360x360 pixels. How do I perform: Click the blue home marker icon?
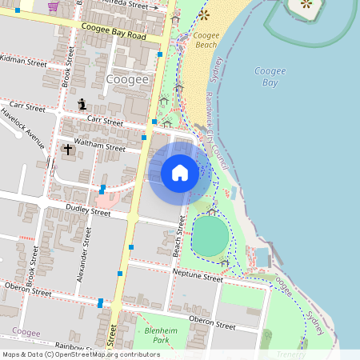coord(180,173)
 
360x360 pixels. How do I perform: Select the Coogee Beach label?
coord(206,41)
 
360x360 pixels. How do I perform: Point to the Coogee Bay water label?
coord(270,77)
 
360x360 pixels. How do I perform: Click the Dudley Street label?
coord(87,212)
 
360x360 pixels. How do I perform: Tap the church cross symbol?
coord(68,149)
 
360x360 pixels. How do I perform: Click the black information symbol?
coord(82,103)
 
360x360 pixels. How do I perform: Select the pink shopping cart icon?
coord(53,6)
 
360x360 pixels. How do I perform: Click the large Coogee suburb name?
coord(127,79)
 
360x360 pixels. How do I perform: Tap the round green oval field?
coord(210,236)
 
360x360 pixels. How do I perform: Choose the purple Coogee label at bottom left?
coord(26,332)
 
